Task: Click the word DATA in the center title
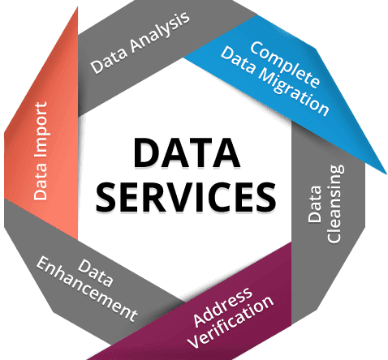(x=187, y=152)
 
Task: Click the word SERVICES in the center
(x=186, y=196)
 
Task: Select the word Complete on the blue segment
(x=285, y=64)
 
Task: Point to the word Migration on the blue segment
(x=293, y=92)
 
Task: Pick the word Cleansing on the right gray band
(x=335, y=204)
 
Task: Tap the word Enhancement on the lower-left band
(x=87, y=289)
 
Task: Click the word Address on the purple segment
(x=223, y=306)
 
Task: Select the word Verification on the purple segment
(x=231, y=322)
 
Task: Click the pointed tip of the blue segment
(x=386, y=174)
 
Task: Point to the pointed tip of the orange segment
(x=77, y=7)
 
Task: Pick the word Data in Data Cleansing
(x=315, y=204)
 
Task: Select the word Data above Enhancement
(x=95, y=273)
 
